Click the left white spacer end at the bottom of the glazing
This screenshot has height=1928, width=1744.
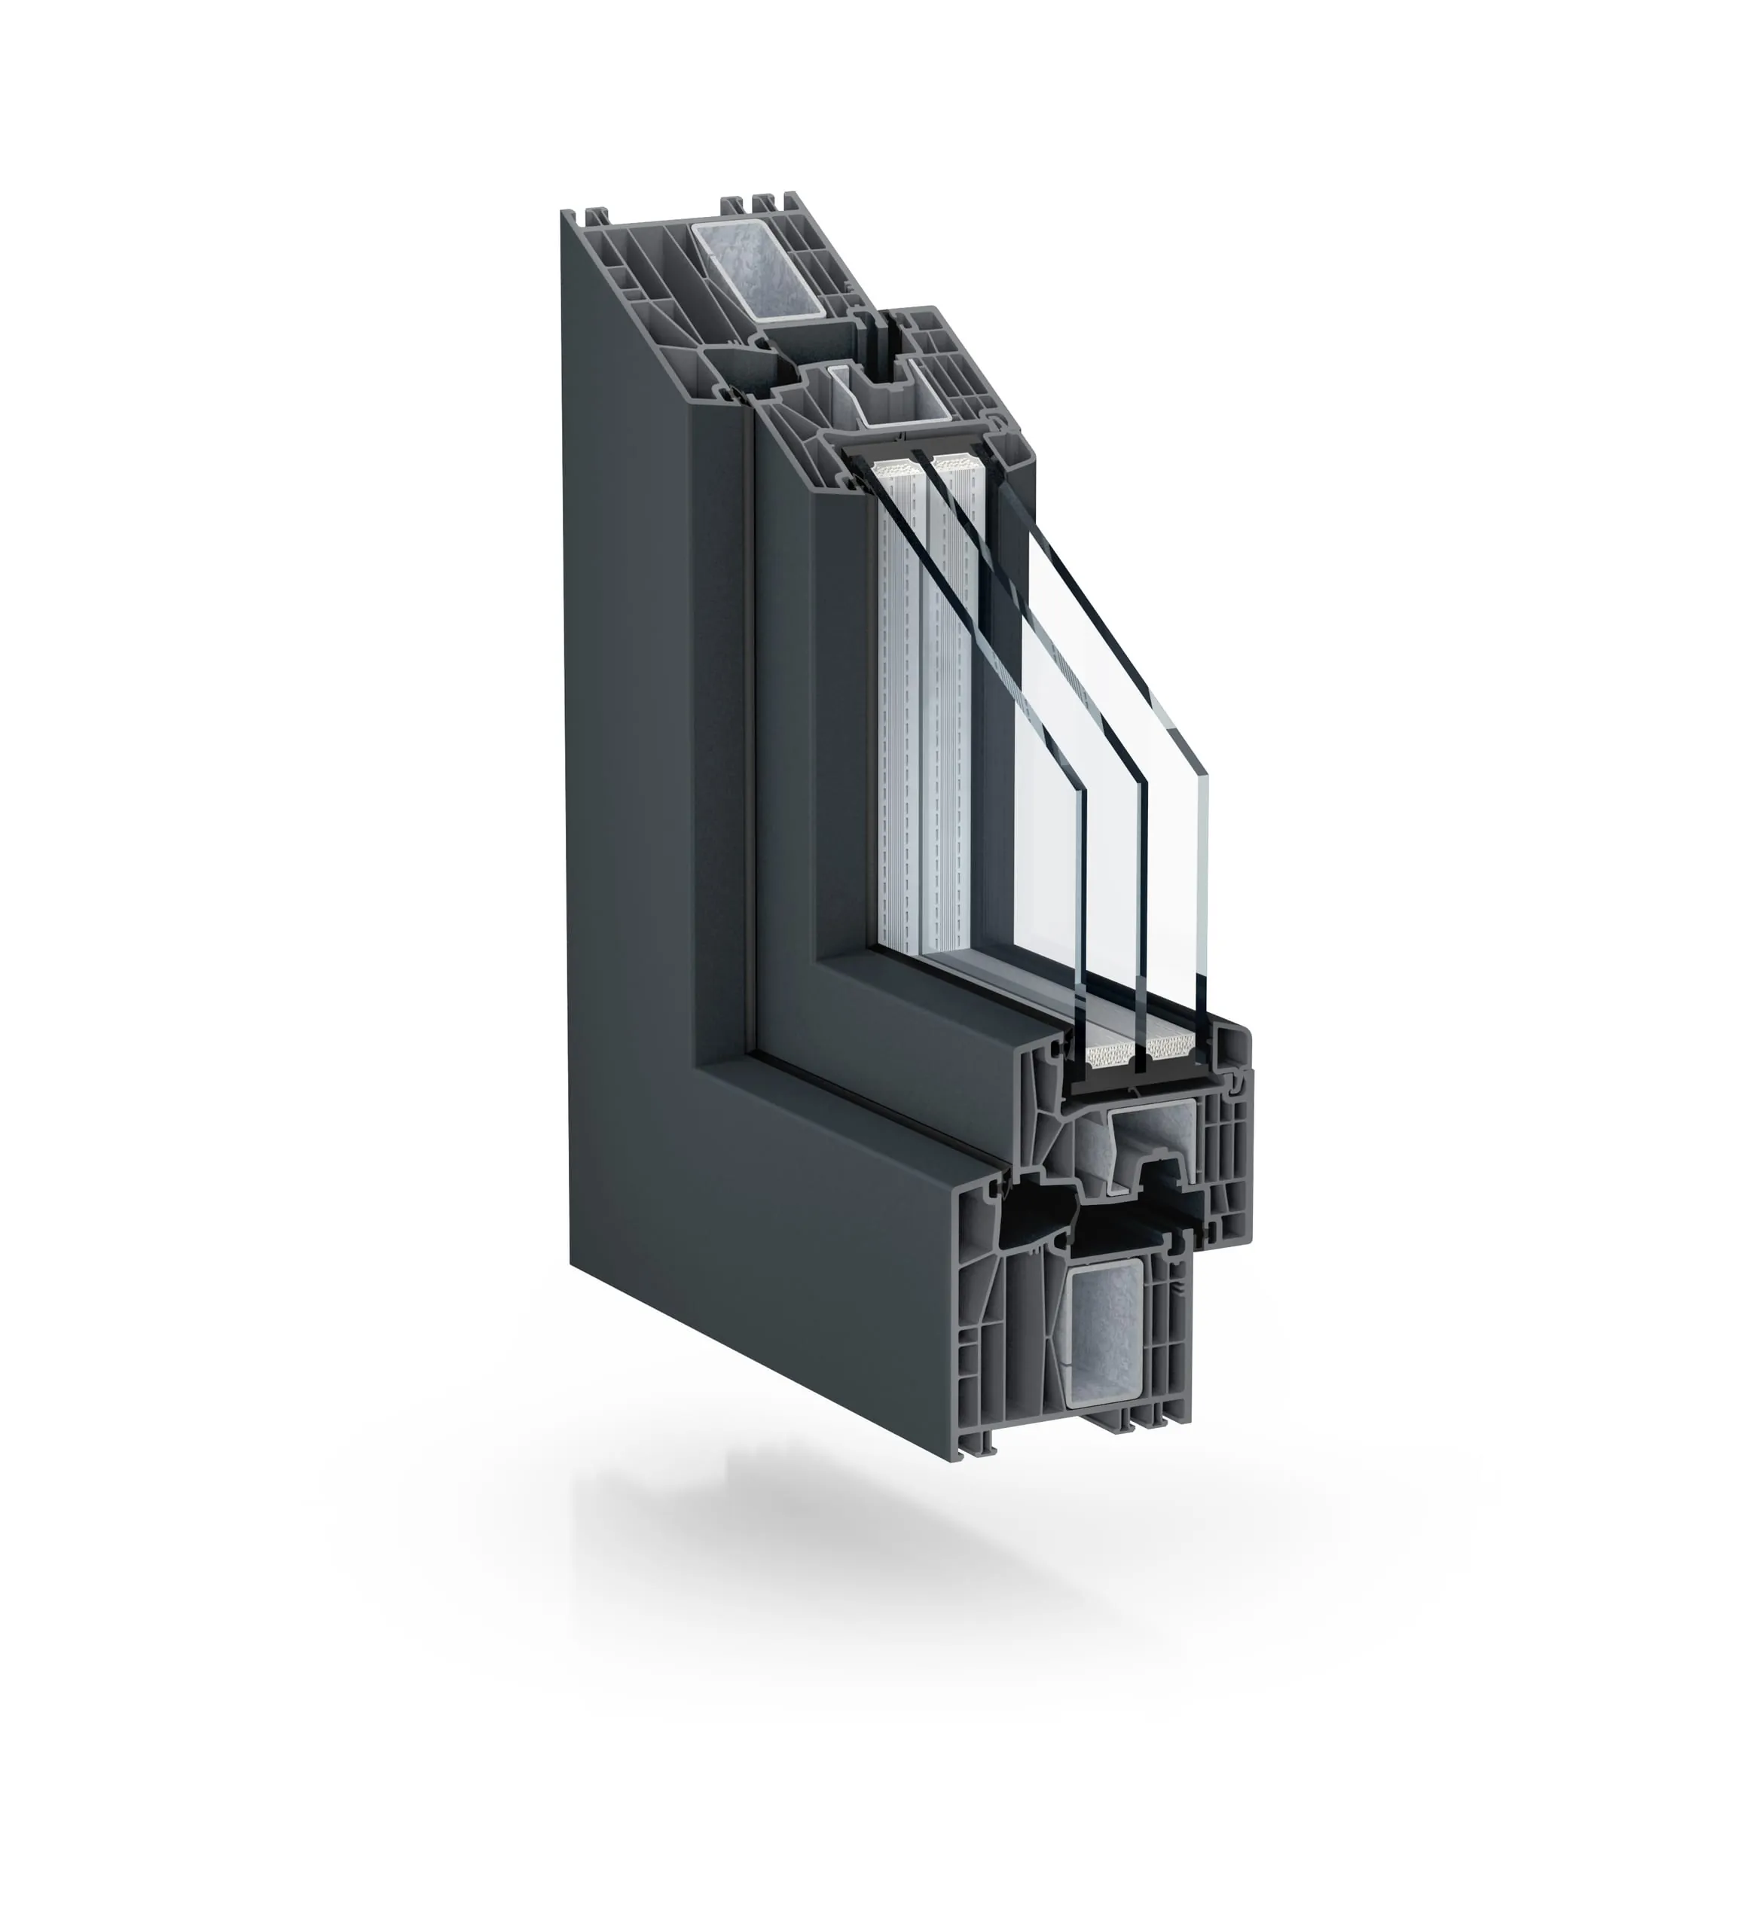coord(1110,1056)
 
